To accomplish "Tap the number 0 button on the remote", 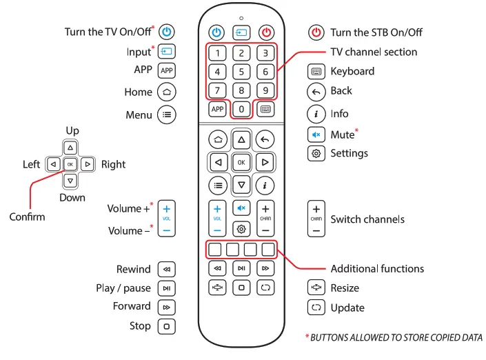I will pyautogui.click(x=241, y=109).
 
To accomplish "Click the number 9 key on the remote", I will pyautogui.click(x=265, y=90).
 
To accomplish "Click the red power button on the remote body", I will pyautogui.click(x=265, y=32).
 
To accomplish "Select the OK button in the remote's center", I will pyautogui.click(x=241, y=162).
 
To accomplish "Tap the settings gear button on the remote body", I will pyautogui.click(x=241, y=229).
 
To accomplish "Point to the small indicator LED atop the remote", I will pyautogui.click(x=241, y=17).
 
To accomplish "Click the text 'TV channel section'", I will pyautogui.click(x=374, y=52).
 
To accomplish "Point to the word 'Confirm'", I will pyautogui.click(x=28, y=217).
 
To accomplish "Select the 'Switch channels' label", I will pyautogui.click(x=367, y=219).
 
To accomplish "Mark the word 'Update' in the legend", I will pyautogui.click(x=347, y=308).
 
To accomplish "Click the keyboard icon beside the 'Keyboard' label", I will pyautogui.click(x=316, y=71).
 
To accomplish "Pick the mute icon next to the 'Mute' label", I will pyautogui.click(x=316, y=134).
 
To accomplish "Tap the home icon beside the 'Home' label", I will pyautogui.click(x=167, y=92).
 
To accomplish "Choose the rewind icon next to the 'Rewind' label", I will pyautogui.click(x=167, y=270).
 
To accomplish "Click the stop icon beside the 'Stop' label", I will pyautogui.click(x=167, y=326).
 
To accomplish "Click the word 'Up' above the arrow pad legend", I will pyautogui.click(x=72, y=131).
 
